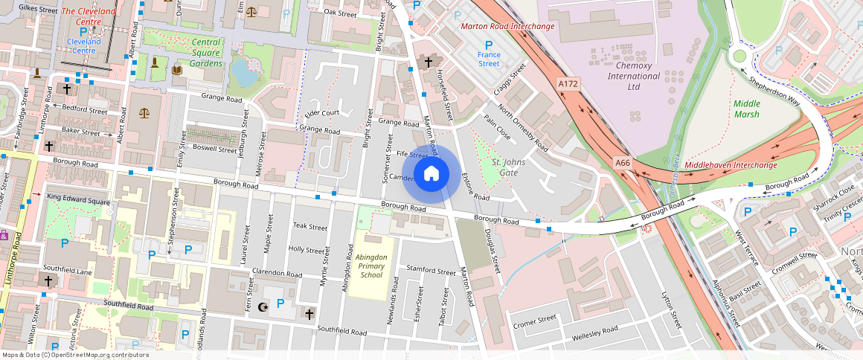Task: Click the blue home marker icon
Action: tap(431, 174)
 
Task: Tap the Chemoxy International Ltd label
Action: tap(634, 76)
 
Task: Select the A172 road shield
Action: tap(568, 85)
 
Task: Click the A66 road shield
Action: tap(623, 161)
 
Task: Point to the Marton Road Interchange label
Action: tap(507, 27)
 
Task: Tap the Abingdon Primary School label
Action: tap(371, 266)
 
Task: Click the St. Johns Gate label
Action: tap(509, 167)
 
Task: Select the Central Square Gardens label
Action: tap(206, 53)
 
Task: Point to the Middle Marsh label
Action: tap(747, 109)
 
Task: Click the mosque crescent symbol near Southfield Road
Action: tap(261, 306)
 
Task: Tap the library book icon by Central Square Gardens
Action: tap(177, 71)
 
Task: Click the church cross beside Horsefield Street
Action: tap(429, 62)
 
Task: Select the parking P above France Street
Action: tap(489, 45)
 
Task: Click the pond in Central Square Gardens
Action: tap(241, 73)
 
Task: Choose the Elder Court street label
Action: tap(322, 114)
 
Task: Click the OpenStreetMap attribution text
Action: tap(75, 355)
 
